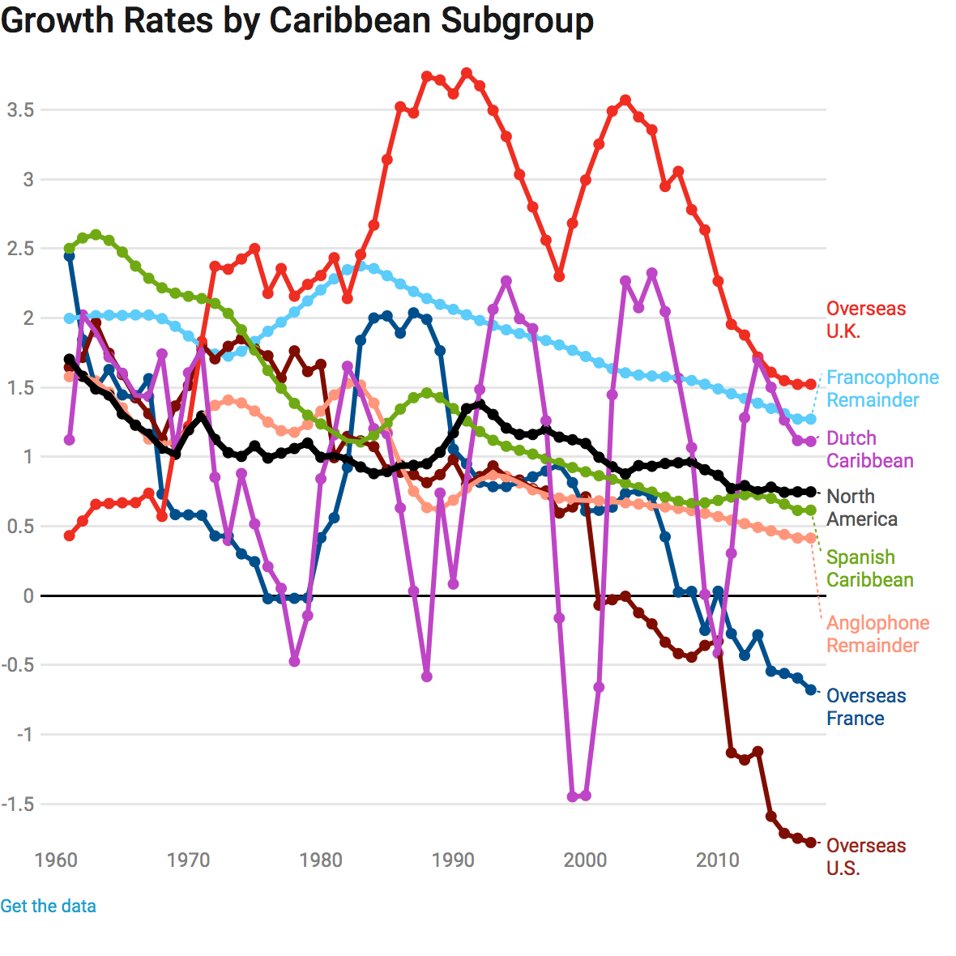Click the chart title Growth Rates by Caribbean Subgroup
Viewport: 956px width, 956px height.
tap(297, 21)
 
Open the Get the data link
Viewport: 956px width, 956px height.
tap(48, 906)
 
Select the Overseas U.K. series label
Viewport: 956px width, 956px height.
tap(865, 320)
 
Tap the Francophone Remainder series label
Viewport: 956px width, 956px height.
tap(882, 389)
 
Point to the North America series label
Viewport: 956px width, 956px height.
tap(861, 508)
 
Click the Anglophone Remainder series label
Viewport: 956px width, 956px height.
tap(877, 634)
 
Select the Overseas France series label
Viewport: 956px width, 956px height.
tap(865, 707)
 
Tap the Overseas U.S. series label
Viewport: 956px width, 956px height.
tap(865, 857)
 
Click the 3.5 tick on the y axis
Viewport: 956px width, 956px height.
tap(20, 109)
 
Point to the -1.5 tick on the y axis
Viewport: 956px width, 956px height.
tap(17, 804)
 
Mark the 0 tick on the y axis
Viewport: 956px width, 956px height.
tap(28, 596)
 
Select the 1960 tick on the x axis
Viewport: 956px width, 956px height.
tap(56, 860)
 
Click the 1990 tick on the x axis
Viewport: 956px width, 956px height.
tap(453, 860)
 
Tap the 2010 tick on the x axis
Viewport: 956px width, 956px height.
tap(718, 860)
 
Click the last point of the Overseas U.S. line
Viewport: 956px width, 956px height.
tap(810, 843)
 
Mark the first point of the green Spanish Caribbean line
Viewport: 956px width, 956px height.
tap(70, 249)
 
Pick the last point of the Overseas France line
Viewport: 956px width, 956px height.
tap(810, 689)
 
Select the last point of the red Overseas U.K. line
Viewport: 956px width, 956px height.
tap(810, 385)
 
